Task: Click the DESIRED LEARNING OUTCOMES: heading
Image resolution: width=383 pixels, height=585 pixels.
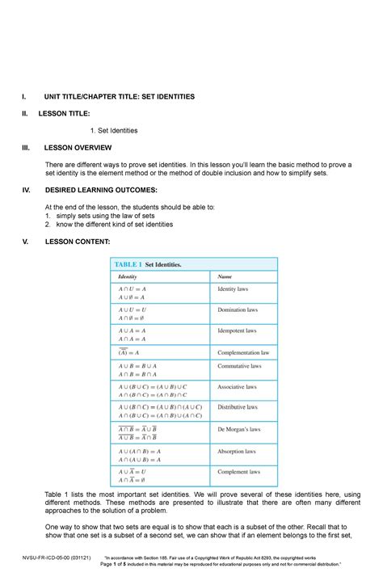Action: [100, 190]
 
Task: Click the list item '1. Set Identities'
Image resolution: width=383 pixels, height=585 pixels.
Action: [114, 130]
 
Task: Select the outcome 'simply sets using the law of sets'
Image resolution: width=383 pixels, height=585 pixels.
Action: [103, 216]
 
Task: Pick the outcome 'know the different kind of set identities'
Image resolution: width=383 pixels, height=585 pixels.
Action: [112, 225]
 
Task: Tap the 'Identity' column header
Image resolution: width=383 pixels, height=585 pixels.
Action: [128, 277]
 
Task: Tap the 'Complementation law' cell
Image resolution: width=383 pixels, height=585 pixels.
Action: [243, 352]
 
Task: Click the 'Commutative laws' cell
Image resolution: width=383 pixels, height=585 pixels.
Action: [240, 366]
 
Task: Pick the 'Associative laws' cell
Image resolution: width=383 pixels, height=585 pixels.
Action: [238, 386]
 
